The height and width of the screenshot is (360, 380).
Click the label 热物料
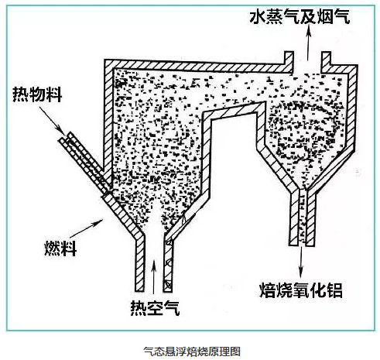coord(37,94)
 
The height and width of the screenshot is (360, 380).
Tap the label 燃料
coord(61,249)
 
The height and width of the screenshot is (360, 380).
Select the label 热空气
coord(155,308)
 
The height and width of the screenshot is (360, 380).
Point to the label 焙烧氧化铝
coord(301,290)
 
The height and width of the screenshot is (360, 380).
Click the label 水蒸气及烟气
coord(300,16)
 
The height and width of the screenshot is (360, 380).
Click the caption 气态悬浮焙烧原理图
coord(192,351)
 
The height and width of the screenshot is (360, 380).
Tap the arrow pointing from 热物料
coord(51,119)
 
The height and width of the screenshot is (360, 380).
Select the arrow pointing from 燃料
coord(86,228)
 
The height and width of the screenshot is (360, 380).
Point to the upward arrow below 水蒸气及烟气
coord(307,43)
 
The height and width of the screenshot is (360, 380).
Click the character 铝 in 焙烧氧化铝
coord(334,290)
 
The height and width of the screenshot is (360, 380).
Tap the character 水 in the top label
coord(258,16)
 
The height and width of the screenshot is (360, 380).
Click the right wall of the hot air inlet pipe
coord(168,266)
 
